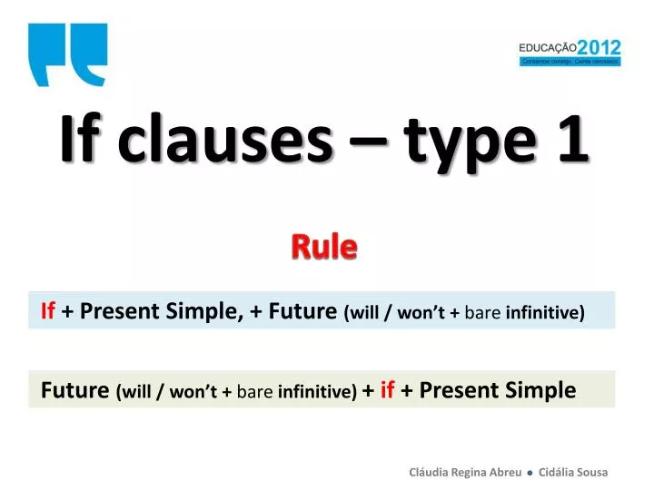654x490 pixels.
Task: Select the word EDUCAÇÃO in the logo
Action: point(548,48)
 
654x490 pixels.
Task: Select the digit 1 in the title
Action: point(572,142)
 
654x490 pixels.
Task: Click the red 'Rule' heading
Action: point(324,245)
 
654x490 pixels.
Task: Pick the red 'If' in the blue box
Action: point(49,311)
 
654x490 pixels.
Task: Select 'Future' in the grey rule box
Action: point(75,390)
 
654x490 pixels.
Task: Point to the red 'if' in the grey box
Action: point(387,390)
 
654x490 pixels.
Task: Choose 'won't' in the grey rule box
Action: point(199,392)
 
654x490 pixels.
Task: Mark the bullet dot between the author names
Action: point(530,473)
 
